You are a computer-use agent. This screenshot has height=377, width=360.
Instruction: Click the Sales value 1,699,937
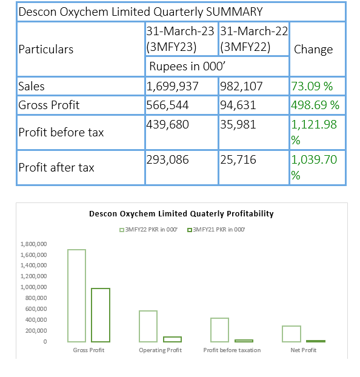172,86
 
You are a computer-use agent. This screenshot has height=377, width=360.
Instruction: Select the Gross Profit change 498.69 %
315,105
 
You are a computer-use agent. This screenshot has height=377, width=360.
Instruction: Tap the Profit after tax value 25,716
238,159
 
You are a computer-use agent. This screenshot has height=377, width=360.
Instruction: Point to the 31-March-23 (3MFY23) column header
180,39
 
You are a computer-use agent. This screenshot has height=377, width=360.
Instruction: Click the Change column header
313,49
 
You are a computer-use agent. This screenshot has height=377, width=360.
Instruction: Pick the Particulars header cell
45,49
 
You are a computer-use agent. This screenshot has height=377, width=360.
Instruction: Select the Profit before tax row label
61,133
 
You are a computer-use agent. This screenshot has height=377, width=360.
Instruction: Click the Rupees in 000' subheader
187,66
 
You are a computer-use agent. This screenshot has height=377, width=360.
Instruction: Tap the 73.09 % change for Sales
312,86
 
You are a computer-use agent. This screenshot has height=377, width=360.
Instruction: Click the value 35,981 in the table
238,124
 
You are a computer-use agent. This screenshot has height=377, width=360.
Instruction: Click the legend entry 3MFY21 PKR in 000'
216,230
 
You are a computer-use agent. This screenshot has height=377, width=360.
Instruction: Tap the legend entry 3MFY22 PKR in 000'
148,230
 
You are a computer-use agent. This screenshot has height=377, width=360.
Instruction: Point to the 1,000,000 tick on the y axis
33,287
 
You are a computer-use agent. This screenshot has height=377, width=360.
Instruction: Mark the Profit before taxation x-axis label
232,350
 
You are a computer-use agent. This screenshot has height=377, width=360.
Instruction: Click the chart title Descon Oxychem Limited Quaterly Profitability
181,214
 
